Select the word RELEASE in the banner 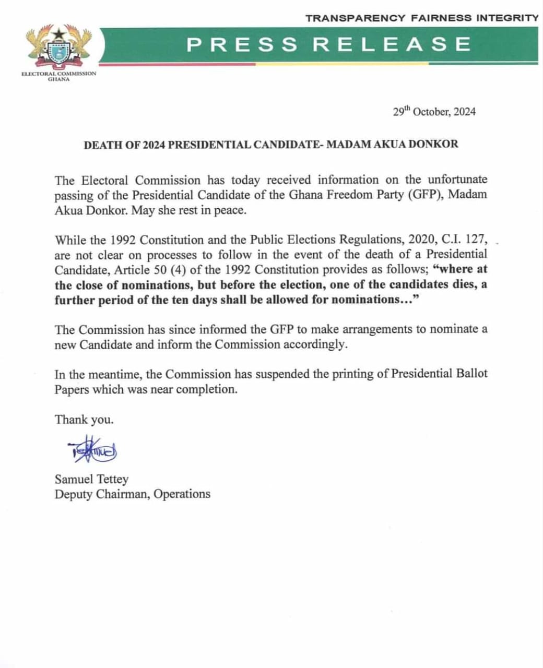pyautogui.click(x=392, y=44)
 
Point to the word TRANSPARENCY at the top pyautogui.click(x=355, y=18)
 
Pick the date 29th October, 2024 pyautogui.click(x=434, y=112)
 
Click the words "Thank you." pyautogui.click(x=84, y=420)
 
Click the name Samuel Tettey pyautogui.click(x=91, y=479)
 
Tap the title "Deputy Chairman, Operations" pyautogui.click(x=133, y=494)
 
